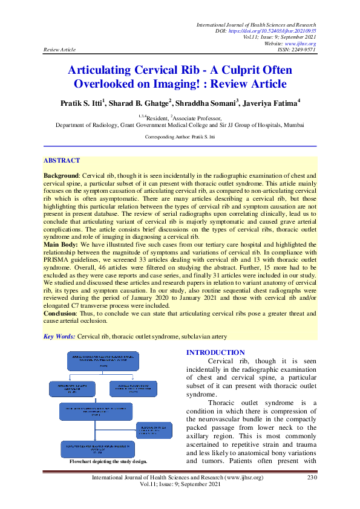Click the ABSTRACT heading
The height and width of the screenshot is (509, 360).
click(61, 160)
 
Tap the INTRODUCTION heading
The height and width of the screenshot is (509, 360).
click(215, 352)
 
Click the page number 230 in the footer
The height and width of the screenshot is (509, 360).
click(312, 478)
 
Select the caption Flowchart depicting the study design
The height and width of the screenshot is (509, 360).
click(108, 461)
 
